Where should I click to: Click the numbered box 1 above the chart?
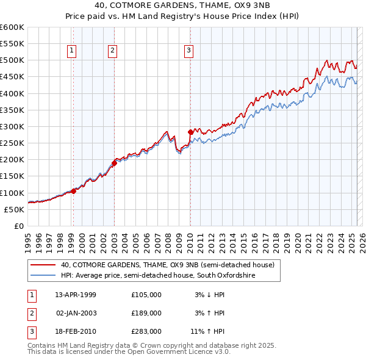click(x=73, y=51)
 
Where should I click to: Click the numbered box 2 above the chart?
click(x=113, y=51)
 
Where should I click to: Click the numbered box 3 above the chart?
click(x=188, y=51)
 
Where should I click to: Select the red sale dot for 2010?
click(x=190, y=132)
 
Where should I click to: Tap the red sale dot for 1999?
click(x=74, y=191)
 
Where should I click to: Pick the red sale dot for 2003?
click(x=114, y=163)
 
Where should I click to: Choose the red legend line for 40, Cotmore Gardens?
click(x=43, y=265)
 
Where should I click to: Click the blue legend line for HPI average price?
click(x=43, y=276)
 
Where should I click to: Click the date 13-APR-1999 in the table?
click(x=76, y=295)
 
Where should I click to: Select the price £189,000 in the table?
click(x=146, y=313)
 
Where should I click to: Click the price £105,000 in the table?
click(x=146, y=295)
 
